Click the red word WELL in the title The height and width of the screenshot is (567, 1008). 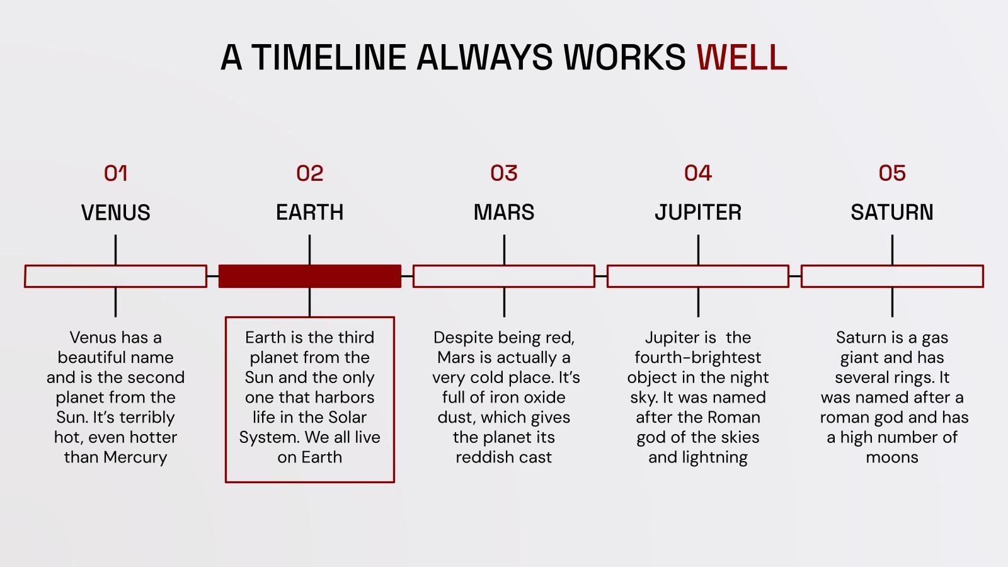tap(742, 57)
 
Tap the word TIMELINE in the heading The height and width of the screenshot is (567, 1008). tap(328, 57)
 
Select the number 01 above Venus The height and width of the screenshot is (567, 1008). tap(116, 173)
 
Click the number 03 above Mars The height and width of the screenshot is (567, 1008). tap(504, 173)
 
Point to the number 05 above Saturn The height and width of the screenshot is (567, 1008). tap(892, 173)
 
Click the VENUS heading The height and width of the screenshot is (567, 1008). tap(116, 212)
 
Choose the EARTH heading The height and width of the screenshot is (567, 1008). tap(309, 212)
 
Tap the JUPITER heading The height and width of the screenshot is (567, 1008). tap(698, 212)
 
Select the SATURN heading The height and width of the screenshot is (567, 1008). tap(892, 212)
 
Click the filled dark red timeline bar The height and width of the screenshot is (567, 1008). tap(309, 276)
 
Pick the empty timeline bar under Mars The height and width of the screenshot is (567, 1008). tap(504, 276)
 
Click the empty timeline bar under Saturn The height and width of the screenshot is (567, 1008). tap(892, 276)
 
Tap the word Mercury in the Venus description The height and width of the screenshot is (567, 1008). tap(135, 457)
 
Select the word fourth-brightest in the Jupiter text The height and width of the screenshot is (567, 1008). tap(698, 358)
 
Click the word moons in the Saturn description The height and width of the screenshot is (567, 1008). tap(892, 457)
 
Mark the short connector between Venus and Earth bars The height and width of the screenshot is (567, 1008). tap(213, 276)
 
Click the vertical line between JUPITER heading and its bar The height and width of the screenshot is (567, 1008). tap(698, 249)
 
